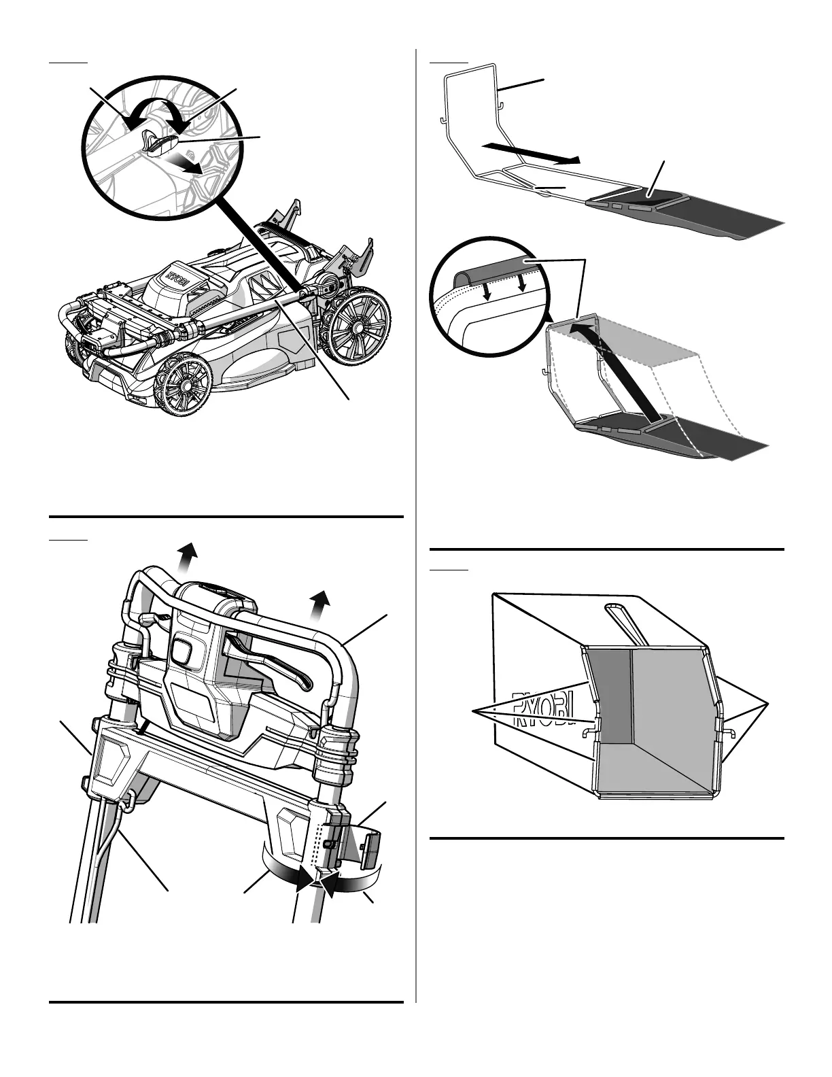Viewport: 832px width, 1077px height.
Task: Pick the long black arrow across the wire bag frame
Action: tap(531, 153)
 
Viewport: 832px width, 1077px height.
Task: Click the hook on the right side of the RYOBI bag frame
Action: tap(726, 731)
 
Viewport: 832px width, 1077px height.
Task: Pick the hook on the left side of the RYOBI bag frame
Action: tap(586, 731)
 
